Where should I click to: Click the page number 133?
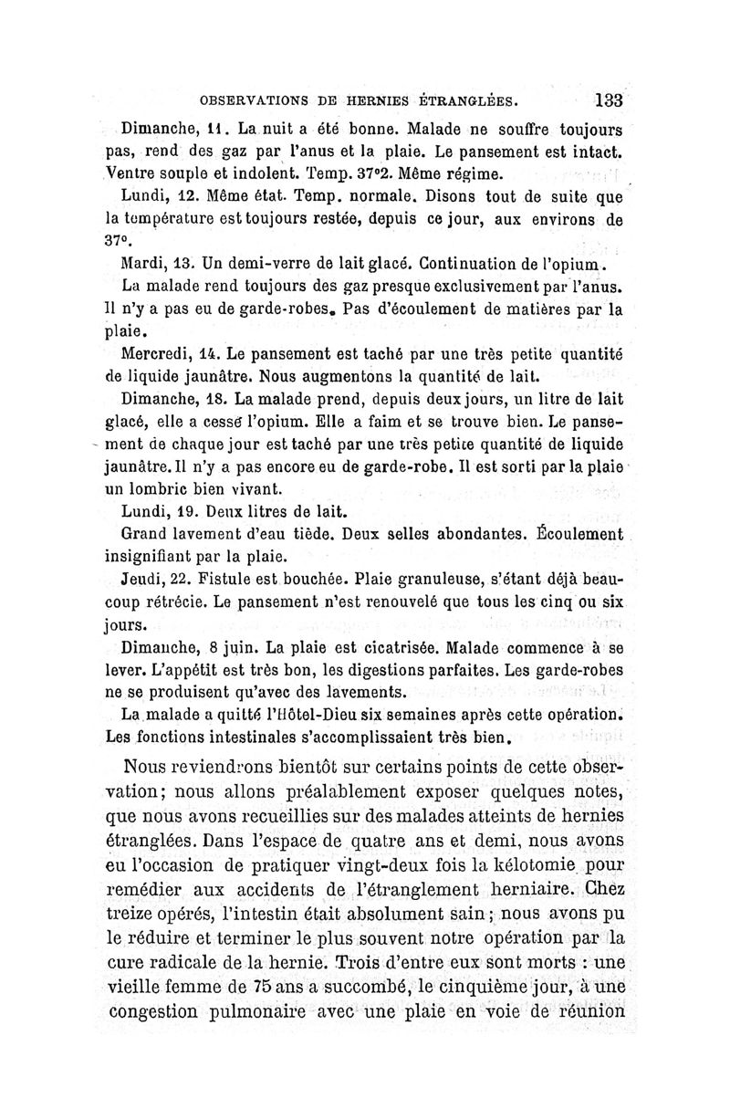607,100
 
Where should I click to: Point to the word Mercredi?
156,353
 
